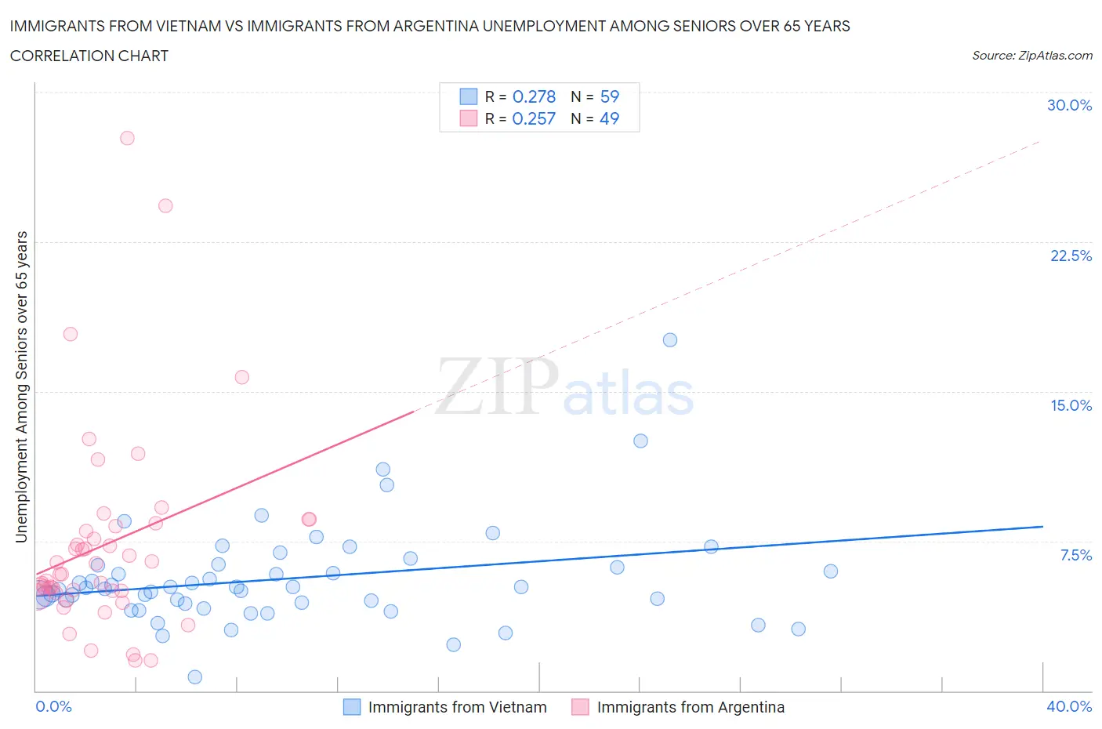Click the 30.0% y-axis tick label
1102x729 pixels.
1069,105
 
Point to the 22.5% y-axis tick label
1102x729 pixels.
1071,256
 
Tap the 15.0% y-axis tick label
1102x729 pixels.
1071,405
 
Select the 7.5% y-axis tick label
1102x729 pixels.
1075,555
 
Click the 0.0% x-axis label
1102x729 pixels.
53,706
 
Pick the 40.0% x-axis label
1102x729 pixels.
1069,706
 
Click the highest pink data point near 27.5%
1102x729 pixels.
127,138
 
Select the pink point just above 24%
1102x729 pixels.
165,206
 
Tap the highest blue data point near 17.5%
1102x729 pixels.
670,340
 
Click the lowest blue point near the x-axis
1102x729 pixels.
195,677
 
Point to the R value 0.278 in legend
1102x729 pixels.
534,96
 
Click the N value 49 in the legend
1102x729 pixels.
609,118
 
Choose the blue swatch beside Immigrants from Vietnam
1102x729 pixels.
352,707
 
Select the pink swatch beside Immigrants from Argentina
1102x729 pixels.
580,707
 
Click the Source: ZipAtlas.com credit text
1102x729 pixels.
1031,56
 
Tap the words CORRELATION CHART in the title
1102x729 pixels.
89,56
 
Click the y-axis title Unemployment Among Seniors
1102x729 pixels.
22,386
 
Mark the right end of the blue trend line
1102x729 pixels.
1042,527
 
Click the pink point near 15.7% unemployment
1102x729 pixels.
242,377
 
